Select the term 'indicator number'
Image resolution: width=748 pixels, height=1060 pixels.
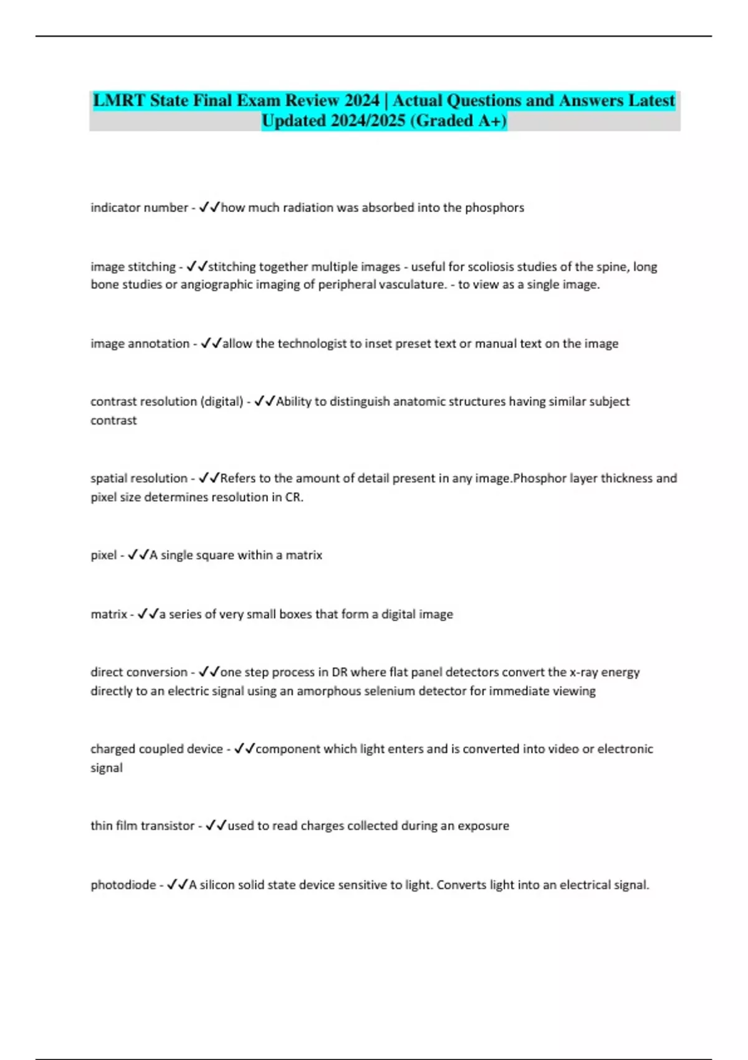coord(139,208)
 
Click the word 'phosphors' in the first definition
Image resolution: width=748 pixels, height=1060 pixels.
coord(494,208)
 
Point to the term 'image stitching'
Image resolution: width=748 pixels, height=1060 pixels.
coord(133,267)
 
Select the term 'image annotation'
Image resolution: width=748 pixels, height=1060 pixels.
coord(140,344)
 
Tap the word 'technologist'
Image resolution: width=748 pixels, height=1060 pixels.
coord(312,344)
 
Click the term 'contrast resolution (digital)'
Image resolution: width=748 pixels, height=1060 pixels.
coord(166,402)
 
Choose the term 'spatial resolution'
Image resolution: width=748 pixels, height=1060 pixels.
coord(138,478)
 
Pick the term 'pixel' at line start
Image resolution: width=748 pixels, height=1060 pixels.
coord(103,555)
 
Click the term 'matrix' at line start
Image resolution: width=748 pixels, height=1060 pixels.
coord(108,614)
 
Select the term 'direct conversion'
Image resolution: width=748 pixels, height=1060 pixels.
coord(138,672)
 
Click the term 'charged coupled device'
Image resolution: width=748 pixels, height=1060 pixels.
coord(156,749)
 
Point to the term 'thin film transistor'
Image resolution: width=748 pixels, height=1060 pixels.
coord(142,826)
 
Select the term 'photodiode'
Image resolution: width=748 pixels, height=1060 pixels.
coord(123,885)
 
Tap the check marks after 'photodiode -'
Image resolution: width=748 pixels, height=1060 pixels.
coord(177,884)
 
